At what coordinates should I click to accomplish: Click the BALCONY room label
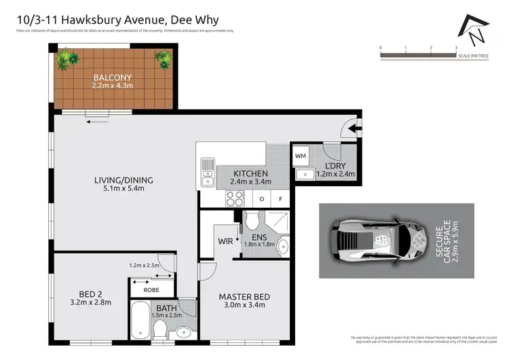pyautogui.click(x=113, y=77)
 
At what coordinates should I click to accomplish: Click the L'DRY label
pyautogui.click(x=335, y=166)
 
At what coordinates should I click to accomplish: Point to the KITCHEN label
pyautogui.click(x=250, y=173)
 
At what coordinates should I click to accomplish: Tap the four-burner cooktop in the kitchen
pyautogui.click(x=234, y=198)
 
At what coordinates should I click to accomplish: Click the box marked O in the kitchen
pyautogui.click(x=262, y=199)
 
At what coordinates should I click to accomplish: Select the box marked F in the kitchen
pyautogui.click(x=280, y=199)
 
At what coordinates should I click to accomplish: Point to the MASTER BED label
pyautogui.click(x=244, y=297)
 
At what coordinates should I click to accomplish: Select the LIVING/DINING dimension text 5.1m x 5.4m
pyautogui.click(x=124, y=189)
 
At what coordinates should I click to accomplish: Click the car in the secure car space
pyautogui.click(x=376, y=240)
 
